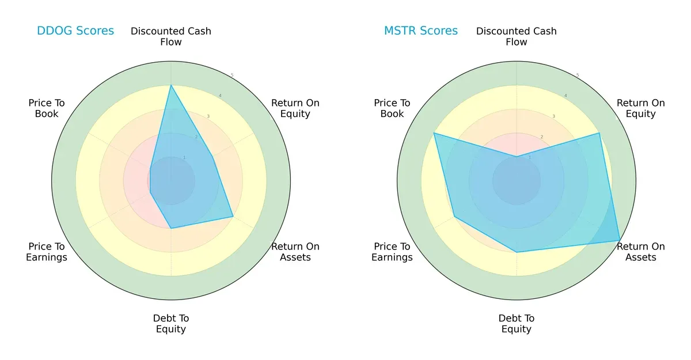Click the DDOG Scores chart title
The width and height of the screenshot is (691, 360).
[75, 31]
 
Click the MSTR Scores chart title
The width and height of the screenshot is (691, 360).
[421, 31]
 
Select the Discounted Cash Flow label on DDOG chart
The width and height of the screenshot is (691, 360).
[171, 36]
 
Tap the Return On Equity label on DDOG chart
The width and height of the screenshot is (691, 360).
[295, 108]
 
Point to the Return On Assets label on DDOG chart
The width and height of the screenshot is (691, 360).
[295, 252]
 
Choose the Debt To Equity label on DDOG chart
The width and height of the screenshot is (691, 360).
[171, 324]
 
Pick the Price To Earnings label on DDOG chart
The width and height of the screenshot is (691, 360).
[47, 252]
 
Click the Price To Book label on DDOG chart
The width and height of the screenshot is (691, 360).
[47, 108]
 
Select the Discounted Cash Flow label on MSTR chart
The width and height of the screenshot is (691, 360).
[517, 36]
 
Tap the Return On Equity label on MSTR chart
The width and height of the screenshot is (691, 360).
[641, 108]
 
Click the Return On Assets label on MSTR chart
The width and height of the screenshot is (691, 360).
[641, 252]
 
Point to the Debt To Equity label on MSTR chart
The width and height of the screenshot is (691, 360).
[517, 324]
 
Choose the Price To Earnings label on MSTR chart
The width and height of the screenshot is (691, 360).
[392, 252]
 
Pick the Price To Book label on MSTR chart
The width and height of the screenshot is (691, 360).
[392, 108]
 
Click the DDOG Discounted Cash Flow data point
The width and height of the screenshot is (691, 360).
[171, 85]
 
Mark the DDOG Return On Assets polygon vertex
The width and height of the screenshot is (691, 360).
[233, 217]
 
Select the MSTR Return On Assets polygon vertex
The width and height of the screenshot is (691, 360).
[620, 241]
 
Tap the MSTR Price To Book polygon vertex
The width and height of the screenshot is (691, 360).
[434, 133]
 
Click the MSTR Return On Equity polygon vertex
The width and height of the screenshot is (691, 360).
[599, 133]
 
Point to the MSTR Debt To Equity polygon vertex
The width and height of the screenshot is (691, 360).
[517, 252]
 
